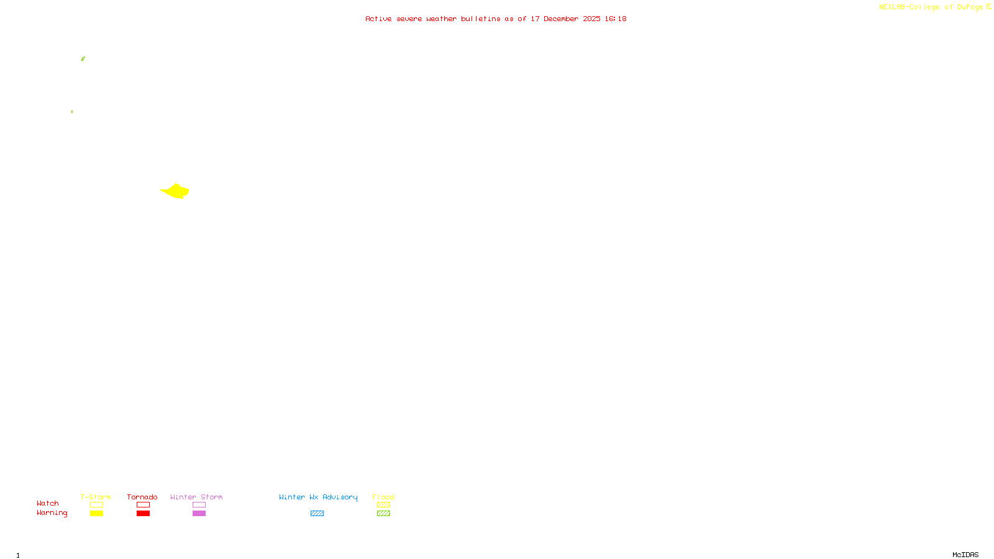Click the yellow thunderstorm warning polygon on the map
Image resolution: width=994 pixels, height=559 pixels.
176,191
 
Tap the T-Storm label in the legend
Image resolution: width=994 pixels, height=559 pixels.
96,497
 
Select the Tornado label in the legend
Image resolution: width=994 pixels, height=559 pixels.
142,497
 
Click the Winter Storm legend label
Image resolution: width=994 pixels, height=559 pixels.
196,497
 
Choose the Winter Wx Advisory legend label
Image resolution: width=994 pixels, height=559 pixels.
318,497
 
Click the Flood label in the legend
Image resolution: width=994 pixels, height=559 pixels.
383,497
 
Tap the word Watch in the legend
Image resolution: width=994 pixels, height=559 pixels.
48,504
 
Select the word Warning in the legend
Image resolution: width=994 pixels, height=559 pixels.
52,513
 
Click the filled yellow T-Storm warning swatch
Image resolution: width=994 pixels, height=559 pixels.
96,514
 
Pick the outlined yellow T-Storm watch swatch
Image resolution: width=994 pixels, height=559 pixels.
96,505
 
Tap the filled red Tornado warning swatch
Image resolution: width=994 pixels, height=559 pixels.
144,514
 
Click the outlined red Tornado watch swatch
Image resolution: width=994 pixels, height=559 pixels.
144,505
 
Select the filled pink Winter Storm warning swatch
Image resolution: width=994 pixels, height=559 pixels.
199,514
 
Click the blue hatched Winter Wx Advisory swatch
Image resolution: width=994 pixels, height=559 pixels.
317,514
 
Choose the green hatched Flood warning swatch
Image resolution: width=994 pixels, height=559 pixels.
383,514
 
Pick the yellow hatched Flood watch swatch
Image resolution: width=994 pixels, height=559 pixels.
383,505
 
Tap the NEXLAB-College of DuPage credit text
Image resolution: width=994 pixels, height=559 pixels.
931,7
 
